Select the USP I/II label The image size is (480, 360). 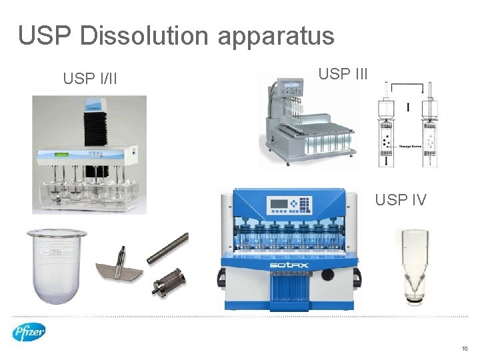[90, 79]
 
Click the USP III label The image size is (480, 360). [343, 74]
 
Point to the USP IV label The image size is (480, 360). [400, 199]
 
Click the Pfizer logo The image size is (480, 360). [29, 332]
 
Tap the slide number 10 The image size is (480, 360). [464, 348]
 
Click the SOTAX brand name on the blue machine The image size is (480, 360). [287, 265]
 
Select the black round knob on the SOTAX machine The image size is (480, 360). [327, 275]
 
